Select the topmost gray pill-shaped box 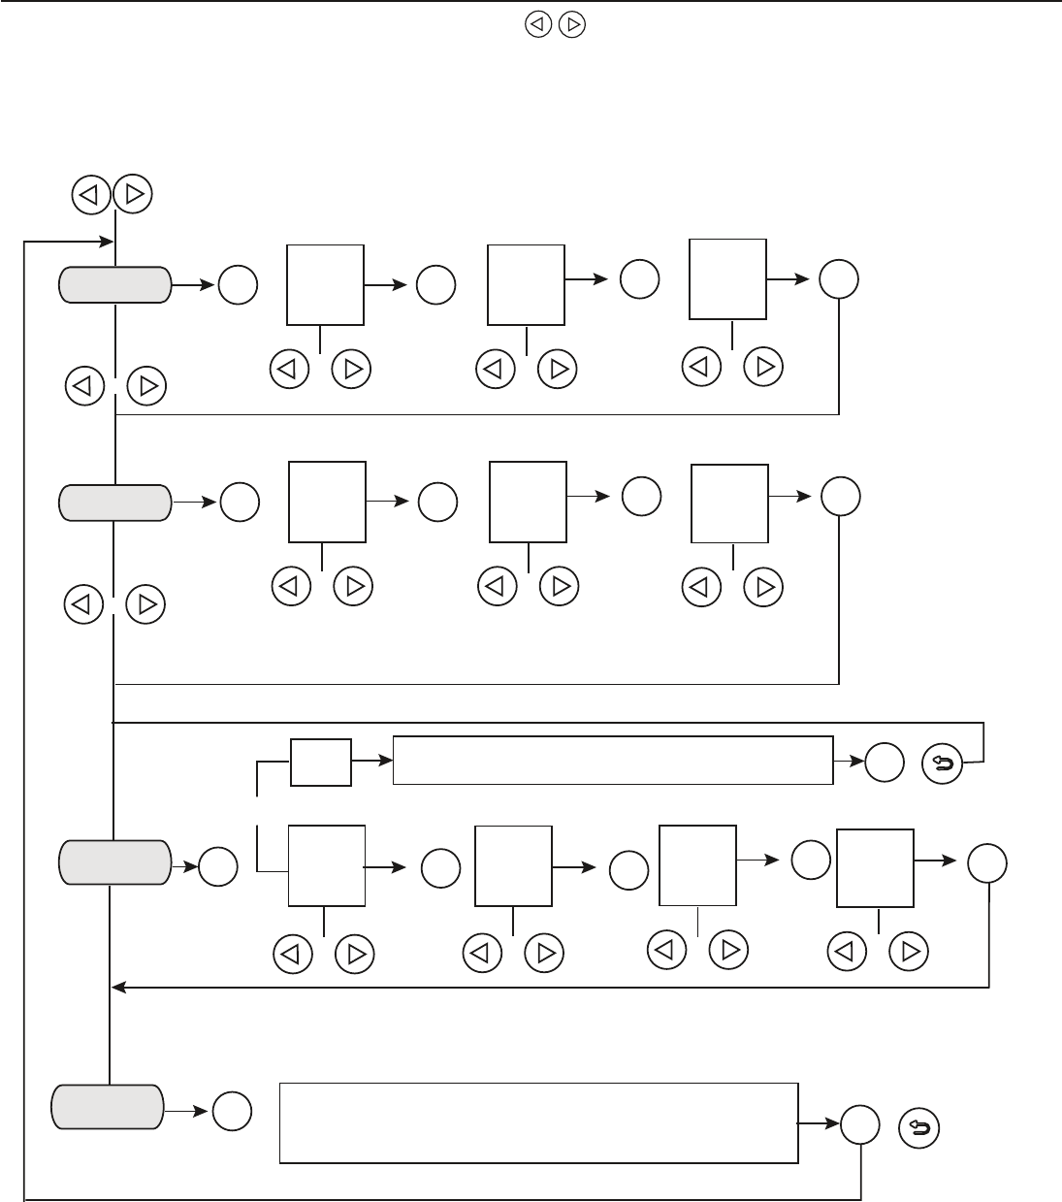click(x=115, y=285)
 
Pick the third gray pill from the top click(x=114, y=862)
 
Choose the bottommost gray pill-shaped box click(x=107, y=1107)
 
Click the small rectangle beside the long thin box click(x=321, y=763)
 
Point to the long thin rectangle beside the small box click(x=613, y=761)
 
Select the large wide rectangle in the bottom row click(x=539, y=1121)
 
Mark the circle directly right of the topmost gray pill click(x=239, y=285)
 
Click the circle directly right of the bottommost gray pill click(x=233, y=1111)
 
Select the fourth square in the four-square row click(x=876, y=868)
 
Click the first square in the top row click(x=326, y=285)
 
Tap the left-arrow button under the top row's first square click(x=289, y=370)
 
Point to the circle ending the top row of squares click(x=839, y=280)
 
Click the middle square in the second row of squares click(x=529, y=502)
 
